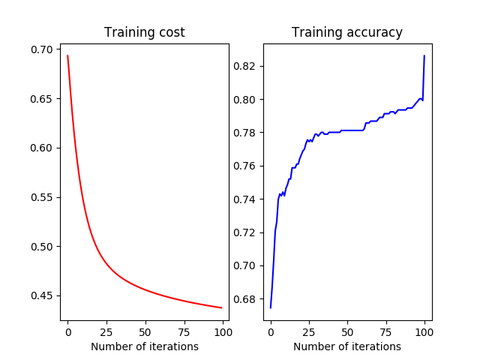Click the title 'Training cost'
[x=145, y=32]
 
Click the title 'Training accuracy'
[x=347, y=32]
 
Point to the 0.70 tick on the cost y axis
[x=43, y=49]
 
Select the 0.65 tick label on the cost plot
[x=43, y=99]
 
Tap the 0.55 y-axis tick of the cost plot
[x=43, y=197]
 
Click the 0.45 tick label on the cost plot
[x=43, y=295]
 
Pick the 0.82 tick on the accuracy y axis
[x=245, y=66]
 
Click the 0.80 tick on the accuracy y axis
[x=245, y=99]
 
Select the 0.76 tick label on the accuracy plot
[x=245, y=166]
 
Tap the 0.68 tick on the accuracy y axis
[x=245, y=298]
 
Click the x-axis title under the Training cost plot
[x=145, y=346]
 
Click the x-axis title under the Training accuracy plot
[x=347, y=346]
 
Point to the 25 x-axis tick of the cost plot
[x=106, y=331]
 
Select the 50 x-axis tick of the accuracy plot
[x=347, y=331]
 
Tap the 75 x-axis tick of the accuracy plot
[x=386, y=331]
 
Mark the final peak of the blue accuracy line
[x=424, y=55]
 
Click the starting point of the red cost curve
[x=67, y=55]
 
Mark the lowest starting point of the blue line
[x=271, y=307]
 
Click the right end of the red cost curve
[x=221, y=307]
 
